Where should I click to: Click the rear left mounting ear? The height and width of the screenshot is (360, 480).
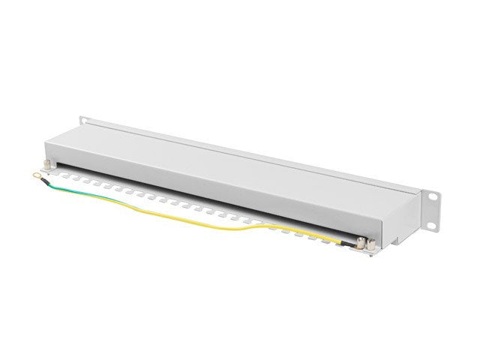click(85, 121)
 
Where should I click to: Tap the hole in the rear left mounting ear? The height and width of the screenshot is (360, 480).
click(84, 120)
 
